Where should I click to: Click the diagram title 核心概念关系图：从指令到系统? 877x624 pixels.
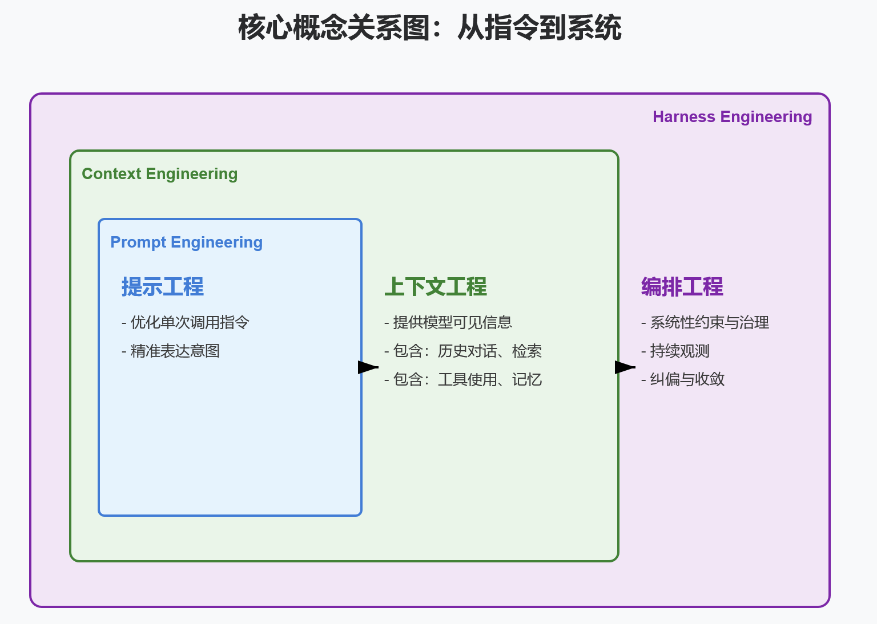pyautogui.click(x=429, y=28)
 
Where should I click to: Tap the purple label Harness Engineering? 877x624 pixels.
pyautogui.click(x=732, y=117)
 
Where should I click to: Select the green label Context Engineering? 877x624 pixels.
pyautogui.click(x=159, y=174)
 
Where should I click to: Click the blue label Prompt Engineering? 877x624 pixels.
pyautogui.click(x=186, y=242)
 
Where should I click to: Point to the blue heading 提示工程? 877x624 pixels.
pyautogui.click(x=162, y=287)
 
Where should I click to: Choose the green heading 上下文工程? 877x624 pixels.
pyautogui.click(x=435, y=287)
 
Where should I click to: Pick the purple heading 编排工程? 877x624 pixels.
pyautogui.click(x=682, y=287)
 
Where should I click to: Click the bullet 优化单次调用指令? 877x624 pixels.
pyautogui.click(x=186, y=323)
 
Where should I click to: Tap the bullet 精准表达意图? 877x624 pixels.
pyautogui.click(x=171, y=351)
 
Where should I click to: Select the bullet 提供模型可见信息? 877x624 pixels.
pyautogui.click(x=448, y=323)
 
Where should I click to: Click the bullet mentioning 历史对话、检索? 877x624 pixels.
pyautogui.click(x=463, y=351)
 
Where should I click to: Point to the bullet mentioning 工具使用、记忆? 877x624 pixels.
pyautogui.click(x=463, y=380)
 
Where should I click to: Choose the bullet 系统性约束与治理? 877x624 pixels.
pyautogui.click(x=705, y=323)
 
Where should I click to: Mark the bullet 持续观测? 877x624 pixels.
pyautogui.click(x=675, y=351)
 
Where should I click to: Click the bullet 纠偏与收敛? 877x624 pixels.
pyautogui.click(x=683, y=380)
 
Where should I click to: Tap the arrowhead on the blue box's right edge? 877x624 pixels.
pyautogui.click(x=367, y=367)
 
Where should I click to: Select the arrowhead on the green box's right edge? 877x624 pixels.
pyautogui.click(x=624, y=367)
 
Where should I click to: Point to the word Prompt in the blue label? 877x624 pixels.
pyautogui.click(x=138, y=242)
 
